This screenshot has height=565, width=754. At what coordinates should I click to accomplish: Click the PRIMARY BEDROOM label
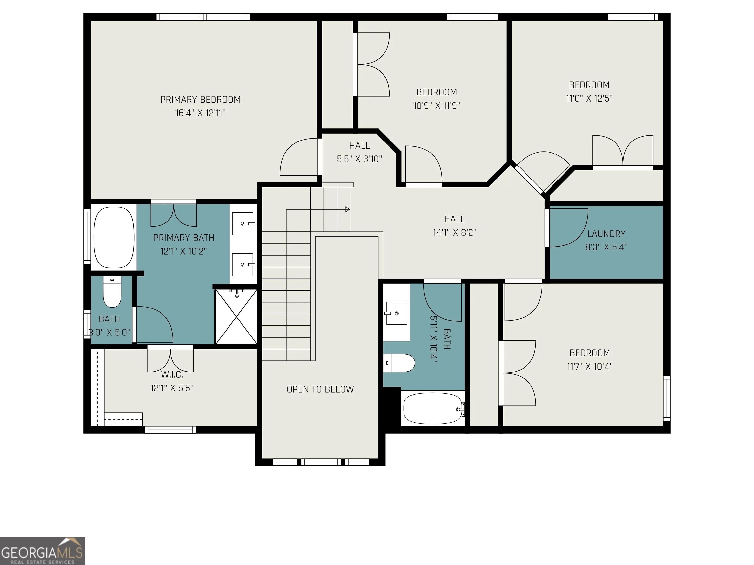(201, 100)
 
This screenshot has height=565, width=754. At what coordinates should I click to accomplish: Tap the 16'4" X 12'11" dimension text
(201, 113)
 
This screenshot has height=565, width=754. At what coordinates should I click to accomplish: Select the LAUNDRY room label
(606, 234)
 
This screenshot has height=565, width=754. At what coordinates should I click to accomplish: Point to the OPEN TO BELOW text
(320, 389)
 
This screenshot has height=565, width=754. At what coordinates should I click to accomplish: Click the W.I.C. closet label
(172, 375)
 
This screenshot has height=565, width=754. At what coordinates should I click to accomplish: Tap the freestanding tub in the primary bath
(114, 238)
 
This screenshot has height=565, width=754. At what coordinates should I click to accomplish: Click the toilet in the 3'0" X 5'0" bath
(112, 292)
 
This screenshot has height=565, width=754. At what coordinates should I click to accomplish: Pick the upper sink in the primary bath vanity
(243, 224)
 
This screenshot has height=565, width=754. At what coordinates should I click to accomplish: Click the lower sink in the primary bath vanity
(243, 265)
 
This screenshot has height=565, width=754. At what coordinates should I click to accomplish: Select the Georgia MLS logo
(42, 551)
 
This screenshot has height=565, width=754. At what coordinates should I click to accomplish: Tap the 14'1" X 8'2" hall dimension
(454, 232)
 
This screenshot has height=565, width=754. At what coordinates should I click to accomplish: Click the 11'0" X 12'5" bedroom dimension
(589, 98)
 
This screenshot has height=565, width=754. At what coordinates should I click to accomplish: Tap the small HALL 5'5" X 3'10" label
(360, 152)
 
